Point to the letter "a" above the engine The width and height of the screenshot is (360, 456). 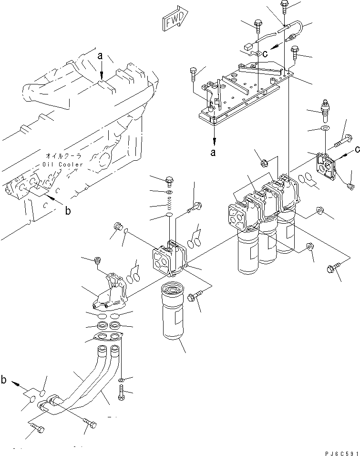point(100,56)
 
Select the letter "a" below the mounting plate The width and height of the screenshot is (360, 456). point(213,153)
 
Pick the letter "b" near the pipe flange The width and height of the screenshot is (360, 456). point(4,380)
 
